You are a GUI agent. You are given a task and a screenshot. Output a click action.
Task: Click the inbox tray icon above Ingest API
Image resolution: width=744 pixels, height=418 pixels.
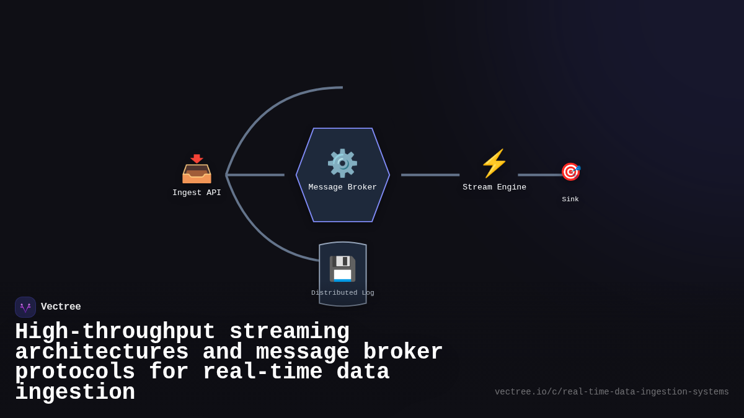197,169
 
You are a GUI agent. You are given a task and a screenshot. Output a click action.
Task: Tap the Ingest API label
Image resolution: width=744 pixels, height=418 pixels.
197,193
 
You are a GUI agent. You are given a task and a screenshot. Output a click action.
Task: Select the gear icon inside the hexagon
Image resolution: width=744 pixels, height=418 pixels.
342,163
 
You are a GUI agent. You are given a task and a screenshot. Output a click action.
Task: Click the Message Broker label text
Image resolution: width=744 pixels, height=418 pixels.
342,187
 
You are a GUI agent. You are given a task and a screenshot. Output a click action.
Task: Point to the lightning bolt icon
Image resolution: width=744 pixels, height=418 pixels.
494,163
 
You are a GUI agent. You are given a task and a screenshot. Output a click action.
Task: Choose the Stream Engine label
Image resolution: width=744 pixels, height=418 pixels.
494,187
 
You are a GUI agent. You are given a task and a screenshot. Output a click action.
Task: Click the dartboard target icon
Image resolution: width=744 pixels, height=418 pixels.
570,172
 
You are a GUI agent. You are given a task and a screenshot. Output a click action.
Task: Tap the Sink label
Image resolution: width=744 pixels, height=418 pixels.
570,199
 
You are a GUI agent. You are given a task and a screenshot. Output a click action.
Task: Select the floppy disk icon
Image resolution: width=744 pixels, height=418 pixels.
342,269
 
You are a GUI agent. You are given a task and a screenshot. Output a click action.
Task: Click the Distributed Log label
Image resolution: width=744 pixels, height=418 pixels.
342,293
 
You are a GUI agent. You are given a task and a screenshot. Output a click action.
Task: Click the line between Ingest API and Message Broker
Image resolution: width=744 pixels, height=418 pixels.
255,175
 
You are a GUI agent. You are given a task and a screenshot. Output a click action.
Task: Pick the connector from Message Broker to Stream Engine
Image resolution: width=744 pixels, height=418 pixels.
430,175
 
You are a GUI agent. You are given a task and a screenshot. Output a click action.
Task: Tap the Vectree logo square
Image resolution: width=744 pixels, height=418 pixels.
25,307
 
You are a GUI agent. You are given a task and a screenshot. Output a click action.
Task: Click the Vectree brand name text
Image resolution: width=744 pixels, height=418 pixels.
61,307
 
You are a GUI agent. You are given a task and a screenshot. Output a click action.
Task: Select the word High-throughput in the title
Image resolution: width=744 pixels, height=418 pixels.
115,332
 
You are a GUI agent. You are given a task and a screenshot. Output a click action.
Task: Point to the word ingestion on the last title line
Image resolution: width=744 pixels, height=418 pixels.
75,393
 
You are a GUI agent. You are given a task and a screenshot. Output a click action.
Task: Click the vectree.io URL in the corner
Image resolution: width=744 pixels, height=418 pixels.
611,392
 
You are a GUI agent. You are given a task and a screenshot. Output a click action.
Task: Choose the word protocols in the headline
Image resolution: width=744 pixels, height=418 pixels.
75,372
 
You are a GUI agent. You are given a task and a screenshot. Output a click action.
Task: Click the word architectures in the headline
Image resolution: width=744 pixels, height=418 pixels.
102,352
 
